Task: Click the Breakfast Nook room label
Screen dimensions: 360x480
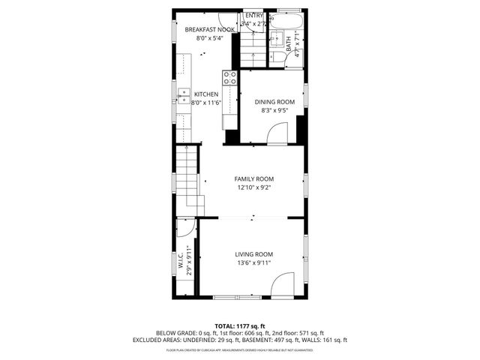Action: pos(210,29)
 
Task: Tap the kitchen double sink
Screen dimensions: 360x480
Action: pos(183,94)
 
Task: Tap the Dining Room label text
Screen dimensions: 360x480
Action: pos(274,102)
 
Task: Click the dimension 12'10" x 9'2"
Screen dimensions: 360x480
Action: pos(253,188)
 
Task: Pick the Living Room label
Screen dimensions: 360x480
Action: pos(253,254)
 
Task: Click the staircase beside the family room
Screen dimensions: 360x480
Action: pos(190,180)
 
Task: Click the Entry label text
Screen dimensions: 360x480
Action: pos(255,15)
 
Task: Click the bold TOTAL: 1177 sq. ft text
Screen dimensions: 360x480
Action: pos(240,325)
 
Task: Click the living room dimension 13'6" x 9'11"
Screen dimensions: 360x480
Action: pos(253,263)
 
